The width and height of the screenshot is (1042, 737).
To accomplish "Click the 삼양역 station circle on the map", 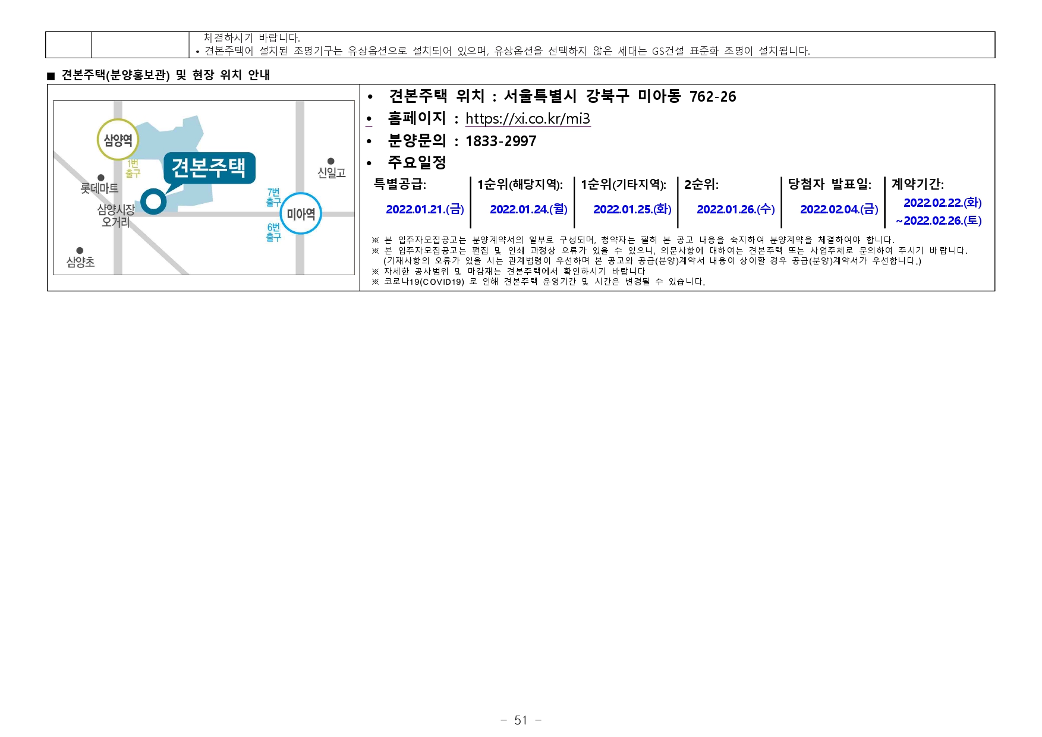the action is [118, 140].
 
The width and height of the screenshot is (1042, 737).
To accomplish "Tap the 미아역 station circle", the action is [300, 213].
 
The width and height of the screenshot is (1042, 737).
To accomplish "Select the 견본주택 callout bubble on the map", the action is [209, 168].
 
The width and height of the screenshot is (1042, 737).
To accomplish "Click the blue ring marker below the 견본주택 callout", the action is [153, 201].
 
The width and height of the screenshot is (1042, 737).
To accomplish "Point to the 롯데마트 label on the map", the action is [99, 188].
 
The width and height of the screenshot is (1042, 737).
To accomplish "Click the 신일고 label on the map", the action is [331, 172].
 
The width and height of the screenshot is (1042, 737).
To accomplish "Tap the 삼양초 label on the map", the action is [80, 262].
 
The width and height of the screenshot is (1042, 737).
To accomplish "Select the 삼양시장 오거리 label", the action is [116, 216].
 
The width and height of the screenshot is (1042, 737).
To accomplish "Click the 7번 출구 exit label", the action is [273, 197].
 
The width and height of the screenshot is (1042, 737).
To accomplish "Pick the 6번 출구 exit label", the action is [273, 232].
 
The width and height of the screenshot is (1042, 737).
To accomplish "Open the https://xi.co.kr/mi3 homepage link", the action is [527, 119].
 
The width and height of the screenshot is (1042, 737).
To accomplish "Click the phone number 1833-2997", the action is [500, 141].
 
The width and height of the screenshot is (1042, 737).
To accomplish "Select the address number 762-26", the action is [712, 97].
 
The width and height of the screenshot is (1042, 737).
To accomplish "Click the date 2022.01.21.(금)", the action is [424, 209].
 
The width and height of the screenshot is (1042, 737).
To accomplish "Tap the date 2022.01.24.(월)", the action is [528, 209].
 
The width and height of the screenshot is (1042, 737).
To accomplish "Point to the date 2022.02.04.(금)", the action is [839, 209].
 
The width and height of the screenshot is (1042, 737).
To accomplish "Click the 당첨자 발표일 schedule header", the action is [829, 184].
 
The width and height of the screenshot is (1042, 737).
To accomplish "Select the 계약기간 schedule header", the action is [917, 184].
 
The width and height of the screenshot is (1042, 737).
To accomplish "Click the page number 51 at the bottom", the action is [521, 720].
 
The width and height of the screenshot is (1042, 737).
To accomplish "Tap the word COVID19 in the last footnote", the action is [442, 282].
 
